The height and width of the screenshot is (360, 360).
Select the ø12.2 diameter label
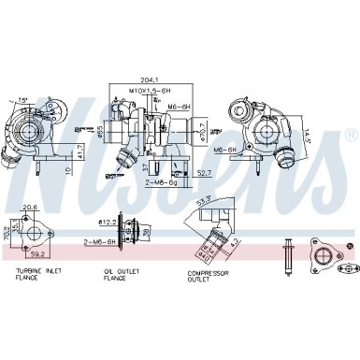pos(108,222)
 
